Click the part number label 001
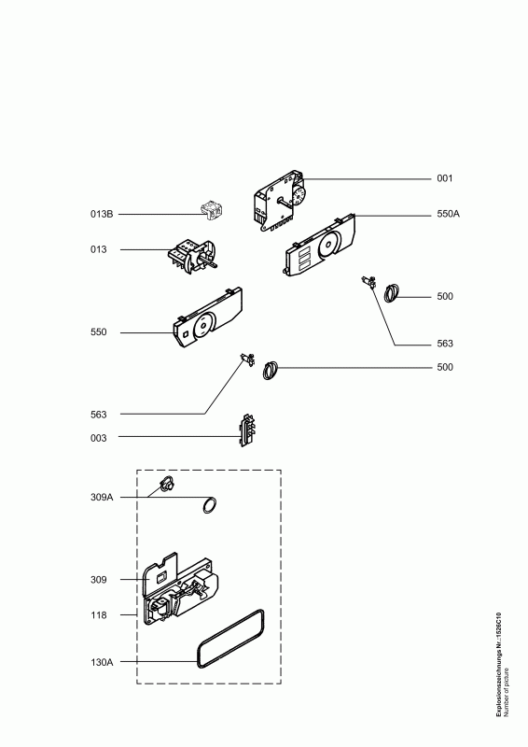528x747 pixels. pos(445,178)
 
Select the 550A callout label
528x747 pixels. pos(448,214)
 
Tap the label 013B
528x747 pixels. pos(102,214)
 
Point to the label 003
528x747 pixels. pos(99,438)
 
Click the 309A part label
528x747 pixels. pos(102,498)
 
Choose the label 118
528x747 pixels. pos(99,615)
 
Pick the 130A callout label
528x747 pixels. pos(102,662)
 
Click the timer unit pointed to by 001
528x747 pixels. pos(280,201)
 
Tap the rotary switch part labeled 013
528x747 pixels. pos(193,257)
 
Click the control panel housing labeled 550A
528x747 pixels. pos(320,246)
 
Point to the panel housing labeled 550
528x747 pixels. pos(208,317)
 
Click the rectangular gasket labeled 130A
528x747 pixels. pos(231,639)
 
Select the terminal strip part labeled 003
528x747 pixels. pos(247,430)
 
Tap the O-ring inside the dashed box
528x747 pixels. pos(210,505)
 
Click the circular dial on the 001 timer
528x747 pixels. pos(299,196)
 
